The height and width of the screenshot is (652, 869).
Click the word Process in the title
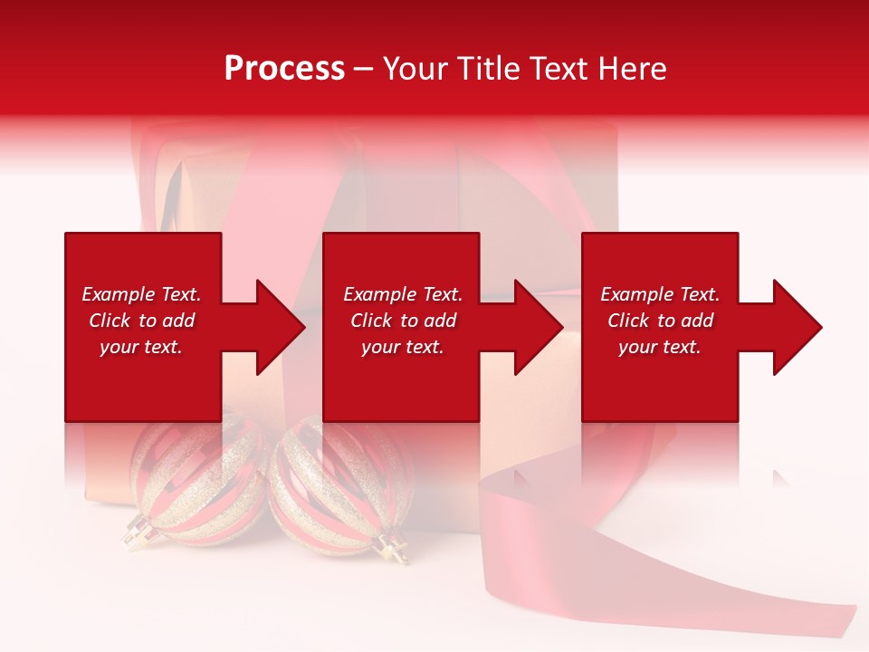pos(284,69)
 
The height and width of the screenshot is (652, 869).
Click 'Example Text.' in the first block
pos(141,294)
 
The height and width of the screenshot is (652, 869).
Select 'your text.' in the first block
pos(141,347)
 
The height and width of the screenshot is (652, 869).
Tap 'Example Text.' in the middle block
pos(403,294)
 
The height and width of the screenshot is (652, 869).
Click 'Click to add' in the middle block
pos(403,321)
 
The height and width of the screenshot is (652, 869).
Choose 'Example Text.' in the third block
pos(660,294)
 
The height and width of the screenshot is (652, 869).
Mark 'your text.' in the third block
pos(660,347)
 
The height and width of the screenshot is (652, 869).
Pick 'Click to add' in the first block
pos(141,321)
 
